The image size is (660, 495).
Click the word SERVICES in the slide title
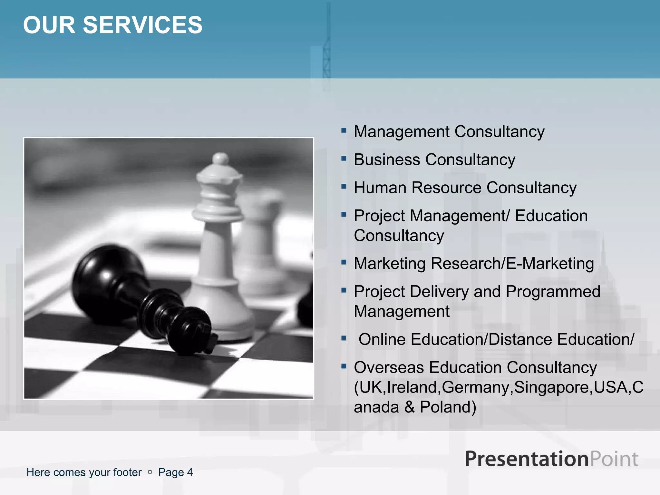[x=143, y=25]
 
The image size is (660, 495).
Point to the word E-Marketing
[x=550, y=264]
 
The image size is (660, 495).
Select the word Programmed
[x=553, y=292]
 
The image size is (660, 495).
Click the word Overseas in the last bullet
[x=389, y=367]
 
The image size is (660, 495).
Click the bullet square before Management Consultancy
[x=344, y=131]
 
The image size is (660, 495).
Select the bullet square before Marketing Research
[x=344, y=262]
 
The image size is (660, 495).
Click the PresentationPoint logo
[x=551, y=459]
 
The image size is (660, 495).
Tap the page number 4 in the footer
[x=190, y=472]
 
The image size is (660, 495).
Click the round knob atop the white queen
[x=221, y=159]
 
